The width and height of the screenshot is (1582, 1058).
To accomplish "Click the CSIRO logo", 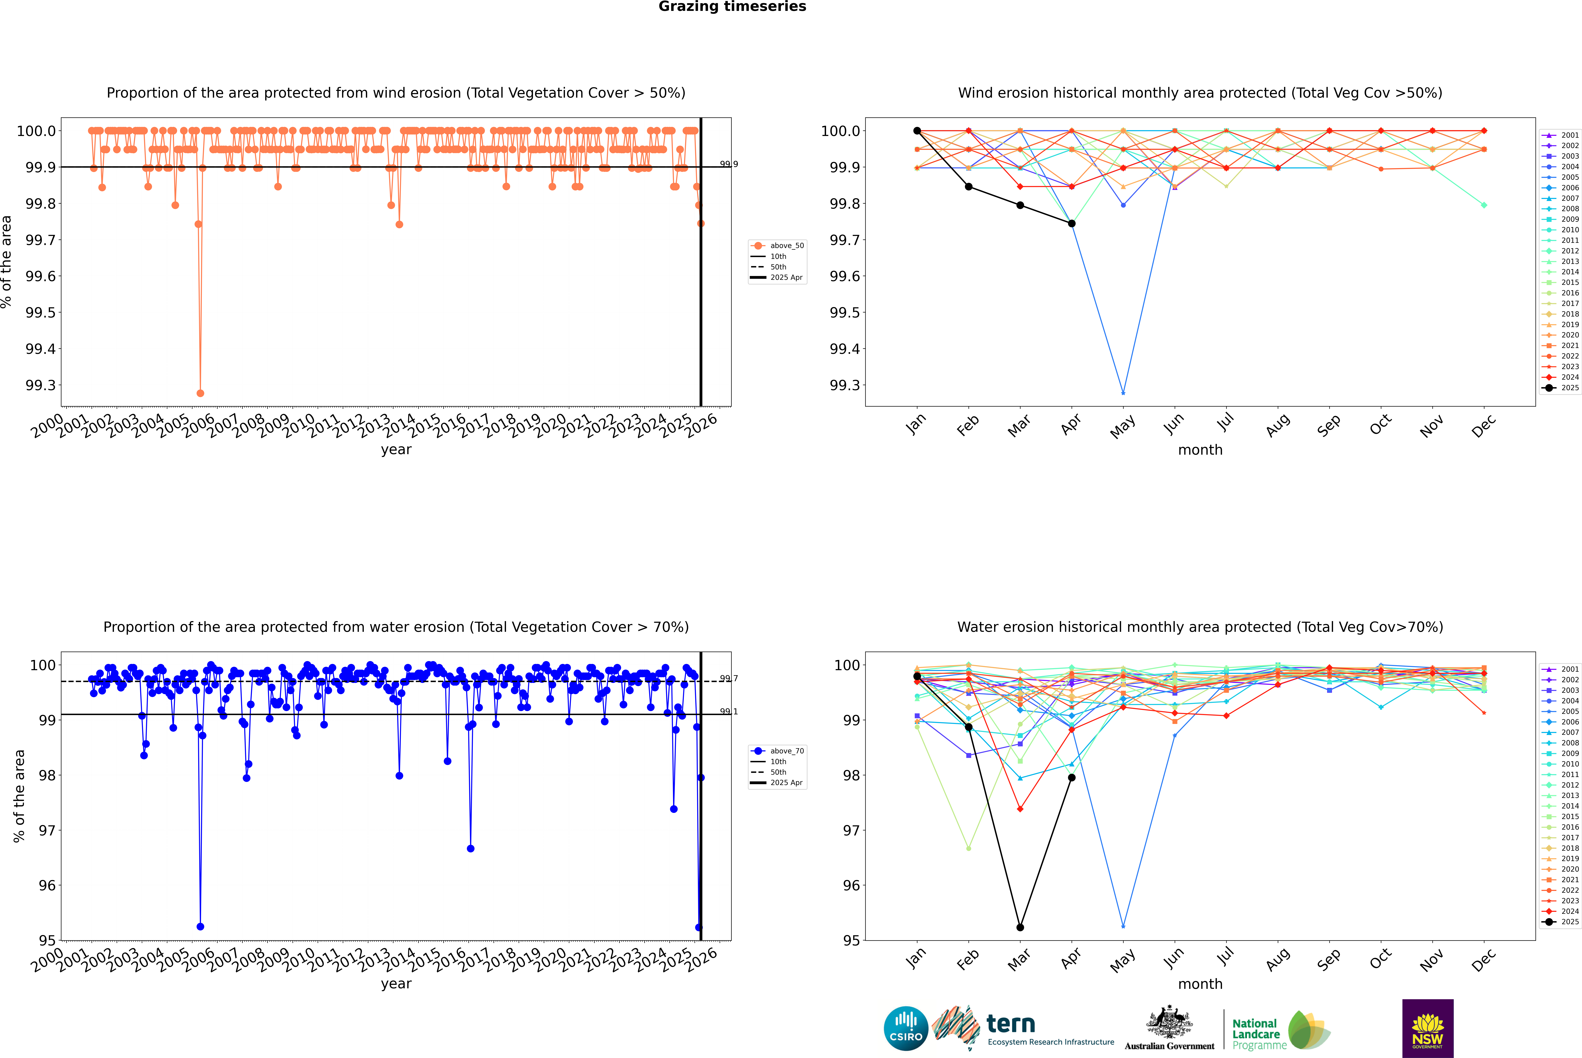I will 906,1028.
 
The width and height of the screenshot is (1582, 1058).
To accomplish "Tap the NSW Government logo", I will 1428,1028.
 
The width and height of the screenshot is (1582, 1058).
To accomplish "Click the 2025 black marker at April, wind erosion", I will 1072,223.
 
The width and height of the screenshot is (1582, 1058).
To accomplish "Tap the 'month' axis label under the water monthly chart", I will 1200,984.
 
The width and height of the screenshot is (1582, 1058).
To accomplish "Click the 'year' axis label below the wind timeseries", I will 396,449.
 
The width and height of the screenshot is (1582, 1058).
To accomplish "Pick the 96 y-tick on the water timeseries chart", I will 47,885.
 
